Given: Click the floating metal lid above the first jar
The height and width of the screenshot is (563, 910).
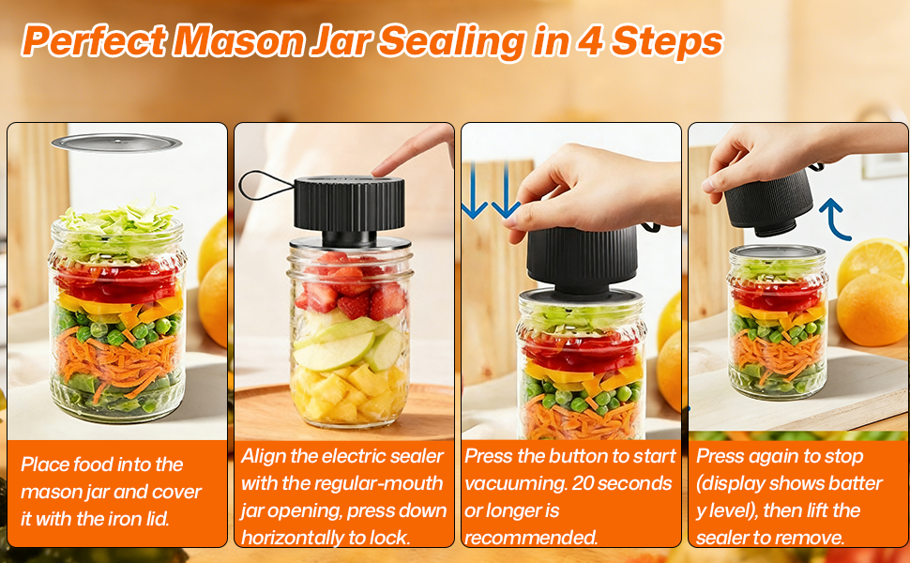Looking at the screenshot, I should pyautogui.click(x=116, y=143).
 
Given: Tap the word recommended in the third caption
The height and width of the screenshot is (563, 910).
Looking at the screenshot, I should pyautogui.click(x=531, y=538).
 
